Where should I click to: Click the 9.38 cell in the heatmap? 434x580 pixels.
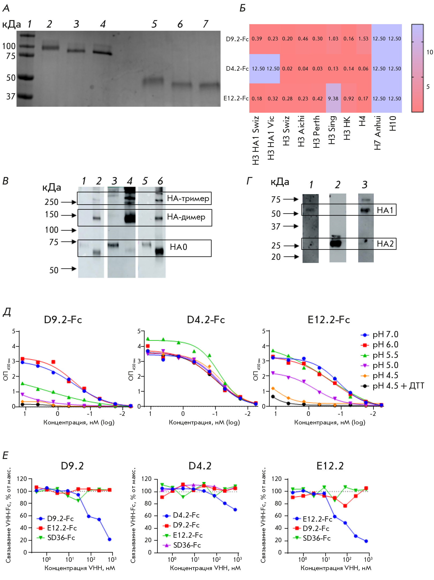(333, 99)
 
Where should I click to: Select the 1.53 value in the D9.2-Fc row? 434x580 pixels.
(363, 39)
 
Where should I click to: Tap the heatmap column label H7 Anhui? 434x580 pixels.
(378, 133)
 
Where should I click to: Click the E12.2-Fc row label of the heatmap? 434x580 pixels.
(236, 98)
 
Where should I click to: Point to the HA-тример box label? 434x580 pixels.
(188, 198)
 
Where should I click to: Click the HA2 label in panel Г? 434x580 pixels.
(385, 244)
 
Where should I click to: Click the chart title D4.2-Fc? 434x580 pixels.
(206, 320)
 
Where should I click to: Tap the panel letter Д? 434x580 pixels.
(7, 312)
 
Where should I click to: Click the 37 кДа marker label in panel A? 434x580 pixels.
(11, 96)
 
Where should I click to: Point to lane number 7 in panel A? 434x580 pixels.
(205, 24)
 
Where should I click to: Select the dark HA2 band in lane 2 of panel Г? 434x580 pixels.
(336, 243)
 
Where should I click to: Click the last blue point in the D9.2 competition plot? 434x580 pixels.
(110, 539)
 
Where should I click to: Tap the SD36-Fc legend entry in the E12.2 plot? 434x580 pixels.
(316, 538)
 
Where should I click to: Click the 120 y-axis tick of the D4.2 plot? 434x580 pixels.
(146, 479)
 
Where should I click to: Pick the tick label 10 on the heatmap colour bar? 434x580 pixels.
(429, 52)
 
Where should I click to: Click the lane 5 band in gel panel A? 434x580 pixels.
(153, 81)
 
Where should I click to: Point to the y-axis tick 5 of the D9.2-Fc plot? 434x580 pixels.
(13, 331)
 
